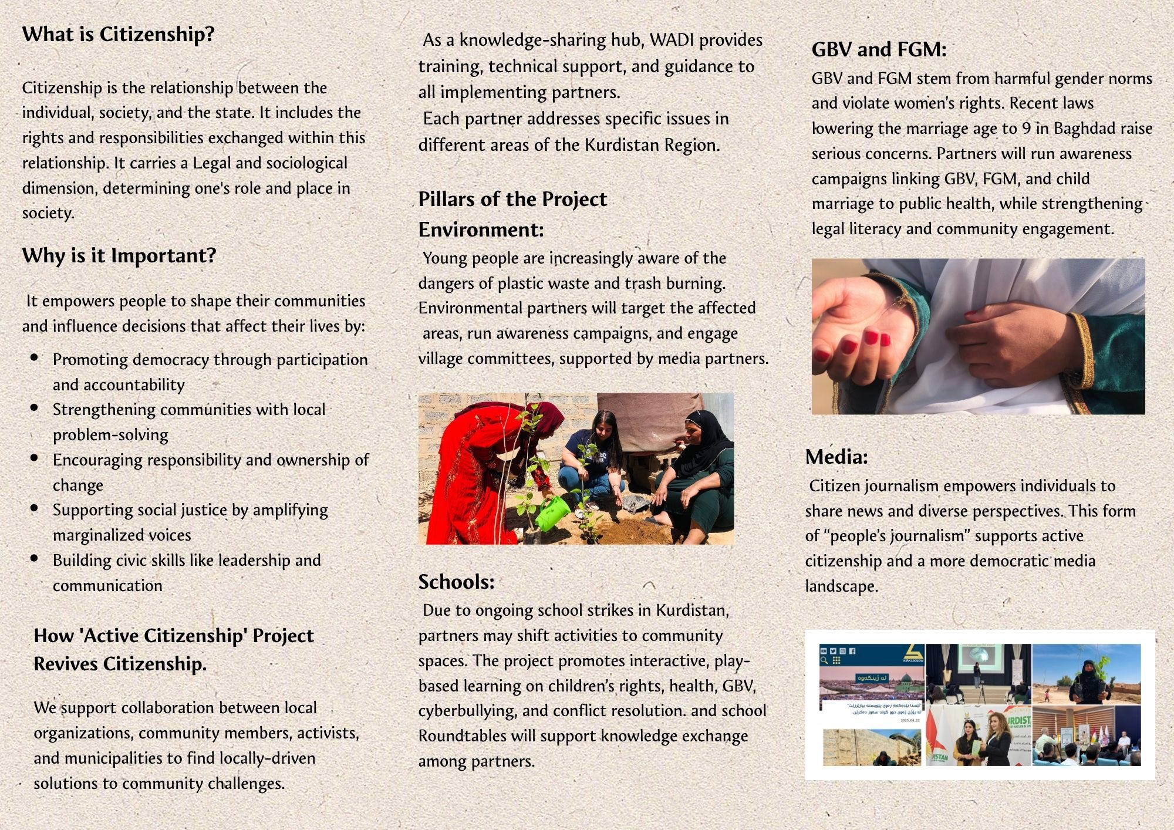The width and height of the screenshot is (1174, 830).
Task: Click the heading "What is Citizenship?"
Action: coord(119,34)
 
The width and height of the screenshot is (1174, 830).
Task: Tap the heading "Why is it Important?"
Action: coord(119,255)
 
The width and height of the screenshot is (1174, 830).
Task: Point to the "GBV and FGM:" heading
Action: coord(879,49)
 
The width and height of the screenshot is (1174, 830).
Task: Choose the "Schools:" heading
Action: coord(456,582)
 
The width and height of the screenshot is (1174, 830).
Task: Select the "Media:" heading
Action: coord(836,456)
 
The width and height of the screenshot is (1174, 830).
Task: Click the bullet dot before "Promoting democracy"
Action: coord(35,357)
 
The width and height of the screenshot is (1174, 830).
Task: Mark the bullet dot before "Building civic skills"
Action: coord(35,558)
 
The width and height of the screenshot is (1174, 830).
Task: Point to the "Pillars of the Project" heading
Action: coord(512,199)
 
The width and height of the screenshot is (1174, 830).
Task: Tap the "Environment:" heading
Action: coord(481,230)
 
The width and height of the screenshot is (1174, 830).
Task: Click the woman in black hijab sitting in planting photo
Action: coord(699,470)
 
